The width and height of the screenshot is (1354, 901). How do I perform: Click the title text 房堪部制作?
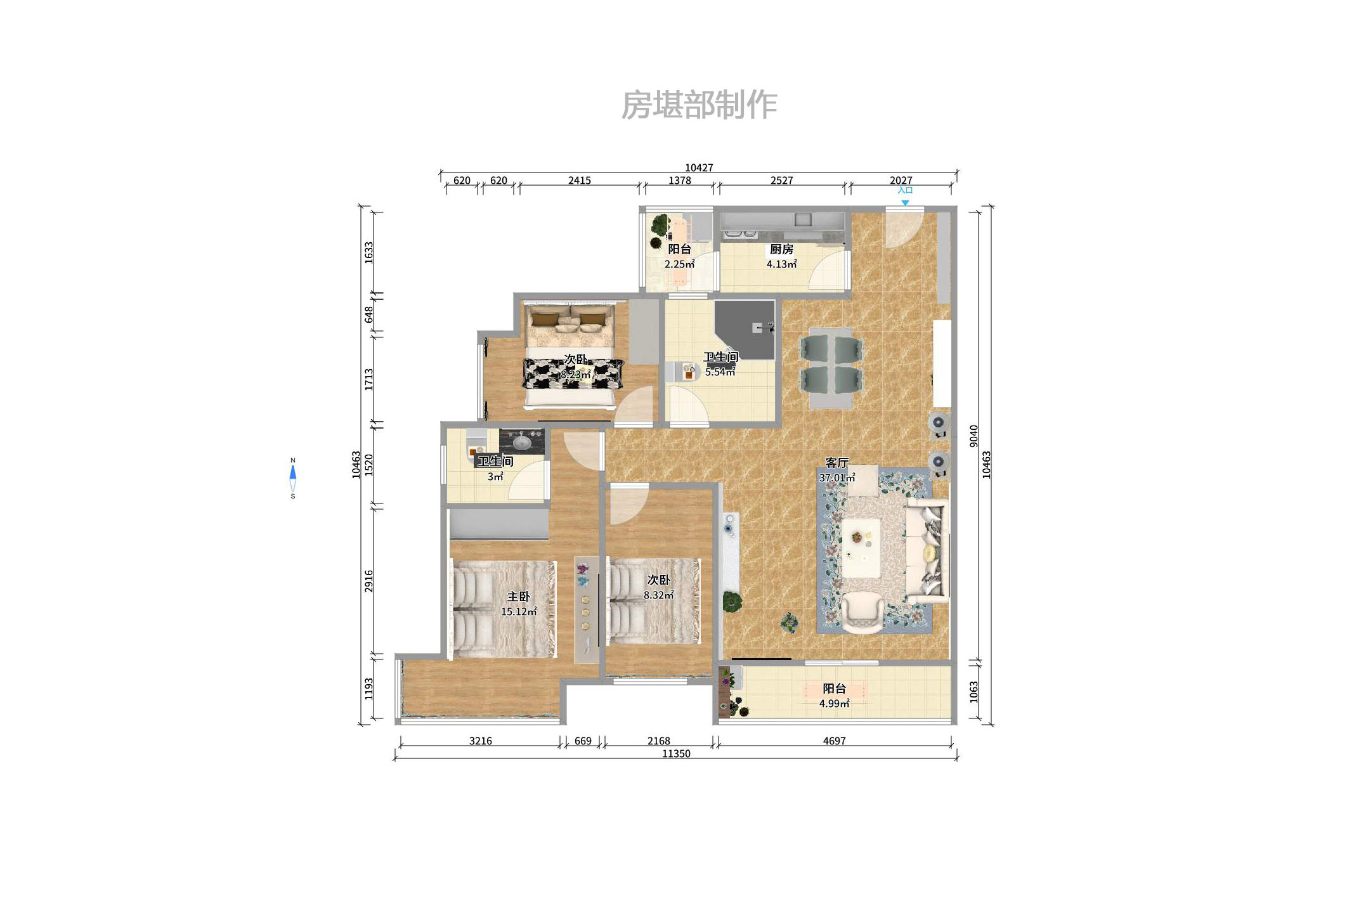699,105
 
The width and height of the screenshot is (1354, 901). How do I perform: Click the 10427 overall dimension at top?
699,167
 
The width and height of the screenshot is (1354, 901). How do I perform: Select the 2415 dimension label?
579,181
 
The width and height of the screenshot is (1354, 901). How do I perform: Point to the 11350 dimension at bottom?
676,753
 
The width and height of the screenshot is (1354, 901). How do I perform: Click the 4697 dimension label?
834,741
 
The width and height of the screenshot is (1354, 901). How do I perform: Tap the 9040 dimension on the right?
974,436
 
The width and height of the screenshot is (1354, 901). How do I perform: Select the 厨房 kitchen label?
781,249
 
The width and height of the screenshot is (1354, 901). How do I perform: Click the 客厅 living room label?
836,463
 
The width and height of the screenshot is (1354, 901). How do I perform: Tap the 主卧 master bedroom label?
518,597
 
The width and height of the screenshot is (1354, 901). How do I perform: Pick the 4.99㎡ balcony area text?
834,704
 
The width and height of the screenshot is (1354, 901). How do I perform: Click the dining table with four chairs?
831,368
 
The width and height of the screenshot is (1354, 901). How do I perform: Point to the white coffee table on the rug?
861,548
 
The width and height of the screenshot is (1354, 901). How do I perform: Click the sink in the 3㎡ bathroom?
522,441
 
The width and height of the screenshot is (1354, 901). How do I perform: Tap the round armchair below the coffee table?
862,613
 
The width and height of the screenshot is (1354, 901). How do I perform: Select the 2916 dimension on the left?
369,581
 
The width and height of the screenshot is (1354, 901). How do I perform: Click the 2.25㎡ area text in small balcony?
679,264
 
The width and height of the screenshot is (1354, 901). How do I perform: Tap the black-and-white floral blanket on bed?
573,373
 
